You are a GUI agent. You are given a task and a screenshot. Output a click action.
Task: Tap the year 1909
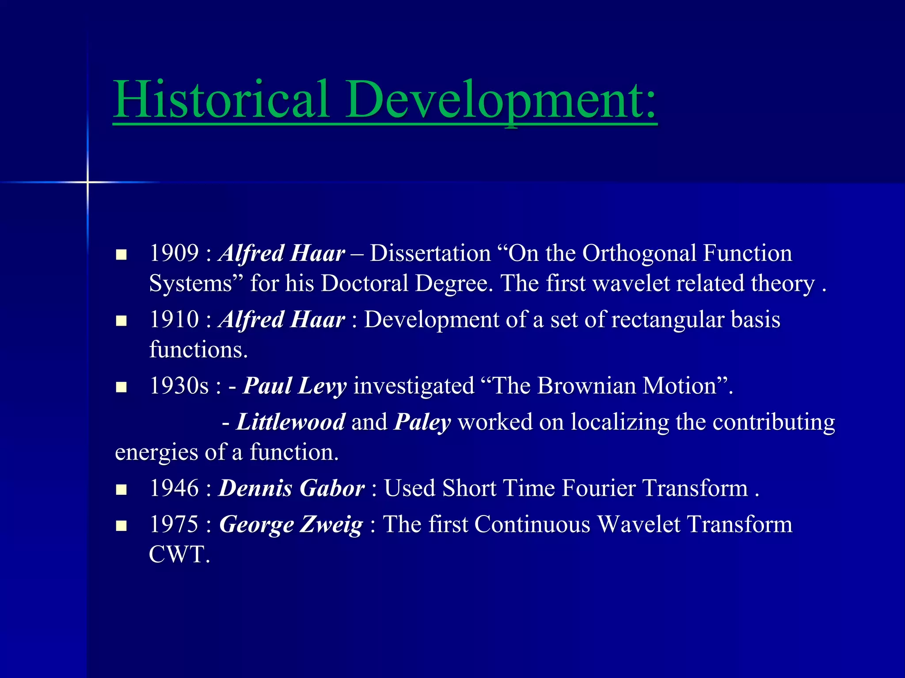(x=174, y=253)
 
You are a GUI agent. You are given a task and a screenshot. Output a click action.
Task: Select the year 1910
(x=174, y=319)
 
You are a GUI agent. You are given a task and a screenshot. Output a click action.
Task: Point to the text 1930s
(x=179, y=385)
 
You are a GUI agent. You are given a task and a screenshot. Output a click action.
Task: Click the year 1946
(x=174, y=488)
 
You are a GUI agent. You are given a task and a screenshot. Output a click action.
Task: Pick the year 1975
(x=174, y=524)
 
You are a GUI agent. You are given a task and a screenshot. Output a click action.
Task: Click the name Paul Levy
(x=295, y=386)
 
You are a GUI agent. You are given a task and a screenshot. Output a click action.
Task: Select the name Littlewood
(x=291, y=422)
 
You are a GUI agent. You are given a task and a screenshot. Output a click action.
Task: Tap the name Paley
(x=422, y=422)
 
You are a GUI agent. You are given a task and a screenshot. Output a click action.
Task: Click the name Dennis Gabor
(x=292, y=488)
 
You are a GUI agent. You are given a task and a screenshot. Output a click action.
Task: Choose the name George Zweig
(x=291, y=525)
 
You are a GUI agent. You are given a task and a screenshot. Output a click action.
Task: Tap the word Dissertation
(x=430, y=253)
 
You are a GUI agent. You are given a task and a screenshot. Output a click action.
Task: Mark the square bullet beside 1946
(x=121, y=490)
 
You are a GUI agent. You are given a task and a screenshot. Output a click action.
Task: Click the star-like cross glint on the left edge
(x=87, y=182)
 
